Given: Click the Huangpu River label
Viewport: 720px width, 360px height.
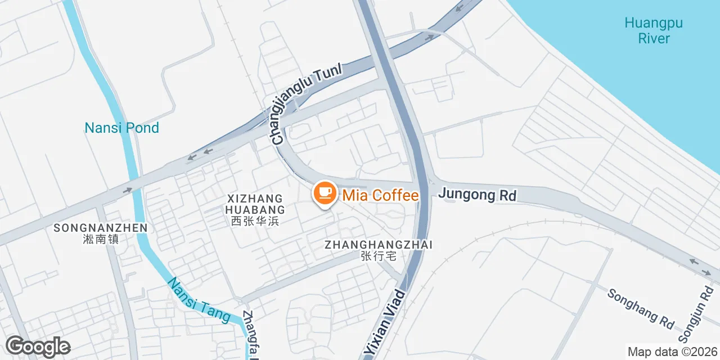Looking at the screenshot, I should click(x=654, y=31).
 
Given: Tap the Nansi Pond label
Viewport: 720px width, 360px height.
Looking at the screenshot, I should click(x=121, y=128).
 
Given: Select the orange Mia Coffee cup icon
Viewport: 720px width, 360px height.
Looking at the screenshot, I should click(x=324, y=193).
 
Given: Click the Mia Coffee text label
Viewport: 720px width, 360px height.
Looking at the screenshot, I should click(x=380, y=196).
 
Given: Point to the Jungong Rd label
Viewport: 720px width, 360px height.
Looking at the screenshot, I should click(x=477, y=195).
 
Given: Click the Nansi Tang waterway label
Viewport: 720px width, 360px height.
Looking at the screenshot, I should click(x=199, y=301).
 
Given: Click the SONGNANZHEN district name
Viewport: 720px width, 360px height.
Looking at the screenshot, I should click(x=101, y=228).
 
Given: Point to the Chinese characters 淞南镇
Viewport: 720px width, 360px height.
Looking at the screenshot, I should click(x=101, y=239).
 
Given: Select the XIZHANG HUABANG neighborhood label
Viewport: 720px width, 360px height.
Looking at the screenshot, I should click(x=255, y=204).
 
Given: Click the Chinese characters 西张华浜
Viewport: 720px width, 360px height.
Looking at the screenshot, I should click(x=255, y=222).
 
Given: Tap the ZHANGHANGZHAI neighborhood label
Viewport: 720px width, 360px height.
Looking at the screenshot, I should click(x=378, y=245).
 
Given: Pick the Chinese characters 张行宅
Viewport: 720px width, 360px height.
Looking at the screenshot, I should click(x=378, y=256).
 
